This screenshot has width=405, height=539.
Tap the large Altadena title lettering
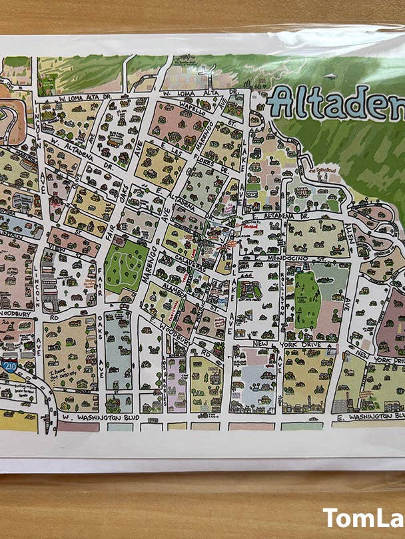tap(337, 102)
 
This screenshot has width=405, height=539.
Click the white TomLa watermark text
tap(364, 518)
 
